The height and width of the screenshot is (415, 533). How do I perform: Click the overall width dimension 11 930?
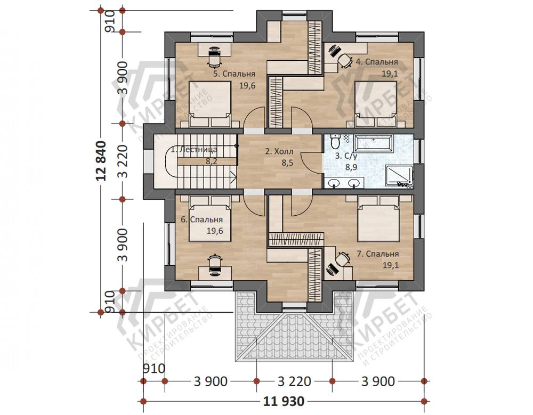pos(284,402)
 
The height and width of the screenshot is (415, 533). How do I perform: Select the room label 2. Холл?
pos(279,152)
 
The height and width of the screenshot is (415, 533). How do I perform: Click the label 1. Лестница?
pos(194,150)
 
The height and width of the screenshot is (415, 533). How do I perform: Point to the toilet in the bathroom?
pos(335,142)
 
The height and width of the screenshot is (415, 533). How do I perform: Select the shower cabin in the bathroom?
pos(399,176)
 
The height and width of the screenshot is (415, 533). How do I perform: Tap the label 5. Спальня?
pos(234,74)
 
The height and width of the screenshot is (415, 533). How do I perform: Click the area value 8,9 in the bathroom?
pos(350,167)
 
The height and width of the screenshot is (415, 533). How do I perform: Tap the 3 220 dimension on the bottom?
pos(294,381)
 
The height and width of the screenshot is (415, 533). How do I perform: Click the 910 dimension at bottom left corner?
pos(154,369)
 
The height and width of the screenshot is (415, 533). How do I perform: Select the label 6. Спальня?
pos(202,220)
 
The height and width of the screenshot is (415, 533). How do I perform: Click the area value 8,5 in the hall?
pos(287,163)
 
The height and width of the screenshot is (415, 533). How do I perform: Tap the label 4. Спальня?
pos(377,62)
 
